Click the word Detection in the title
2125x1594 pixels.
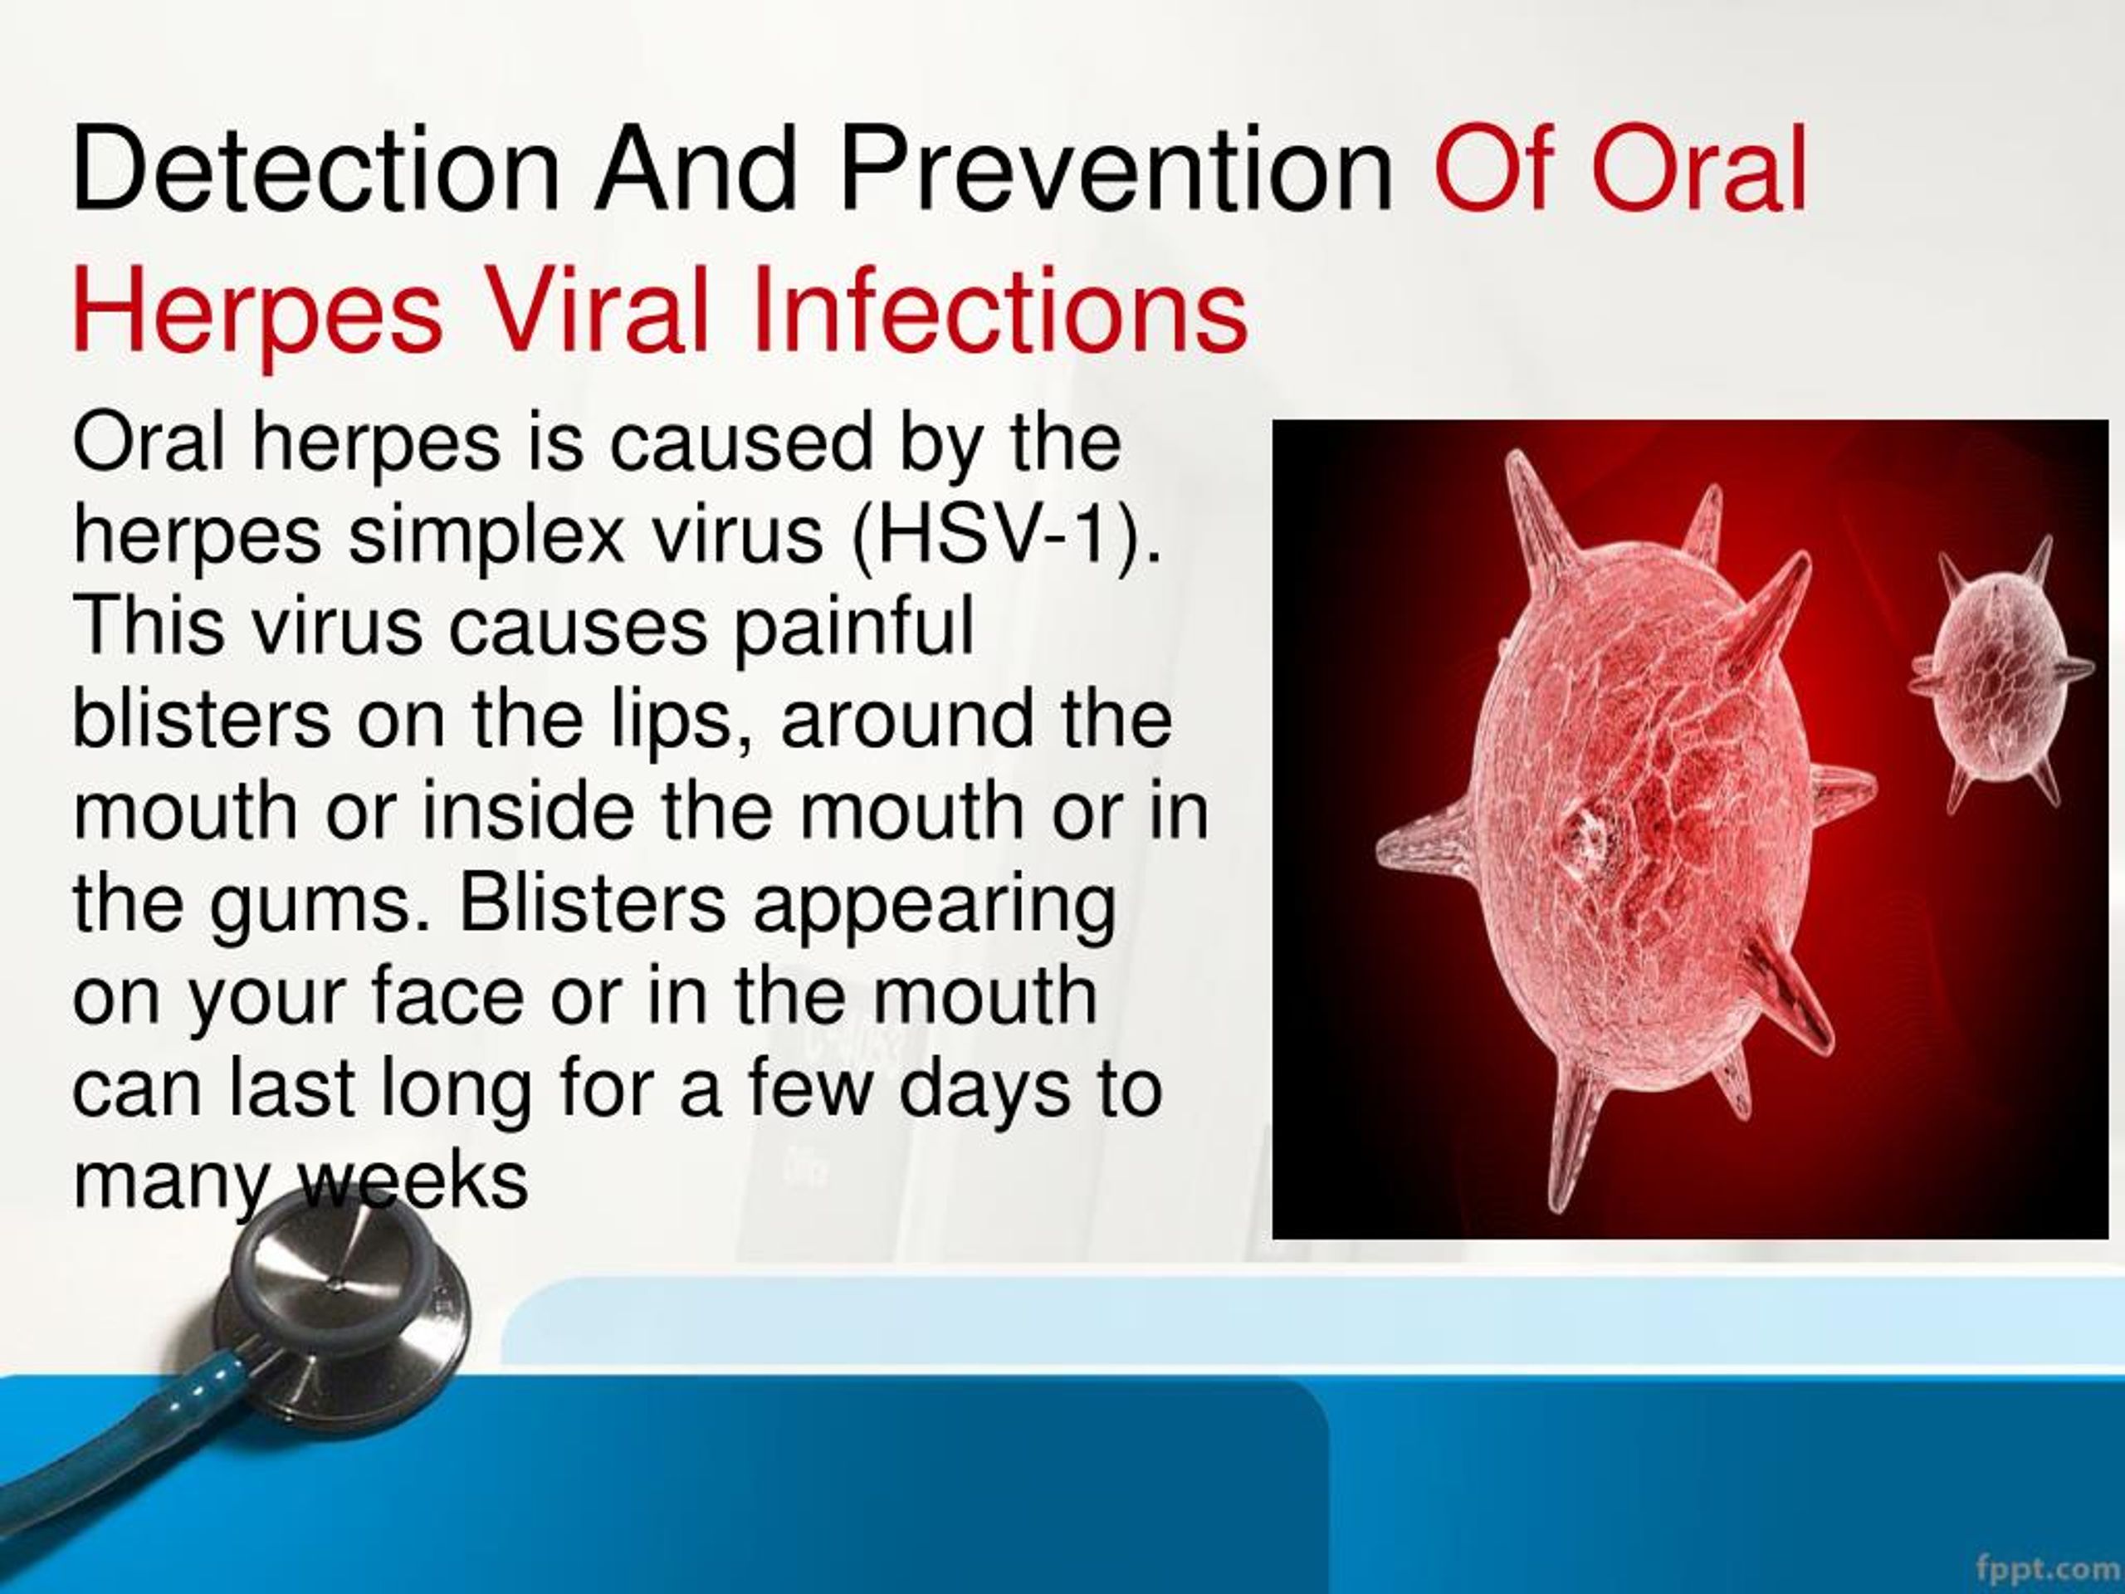point(316,171)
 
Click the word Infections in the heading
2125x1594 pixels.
point(999,310)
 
